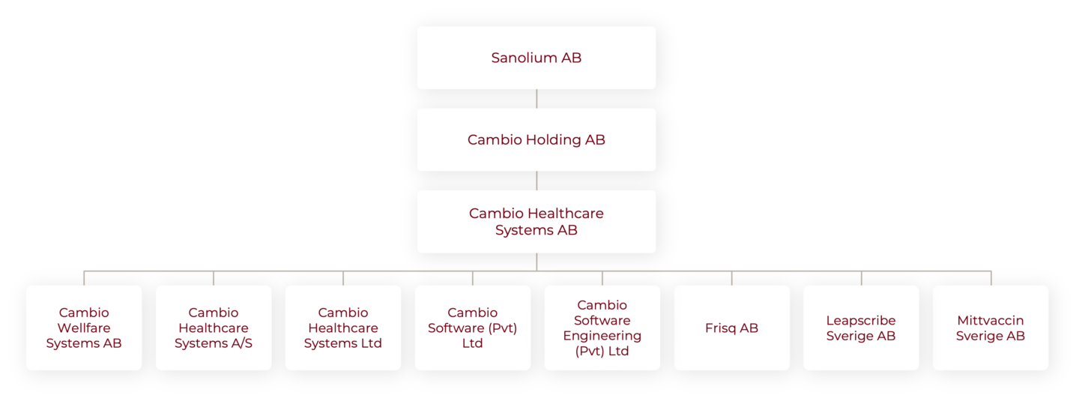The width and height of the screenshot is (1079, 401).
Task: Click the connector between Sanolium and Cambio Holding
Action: coord(537,99)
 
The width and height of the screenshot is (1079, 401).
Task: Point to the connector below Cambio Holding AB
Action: coord(537,181)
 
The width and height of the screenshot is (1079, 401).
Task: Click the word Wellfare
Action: coord(84,328)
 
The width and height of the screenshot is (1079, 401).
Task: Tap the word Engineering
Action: coord(602,336)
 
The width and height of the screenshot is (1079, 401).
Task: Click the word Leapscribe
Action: coord(861,320)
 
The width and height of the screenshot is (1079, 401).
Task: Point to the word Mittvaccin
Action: coord(991,320)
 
